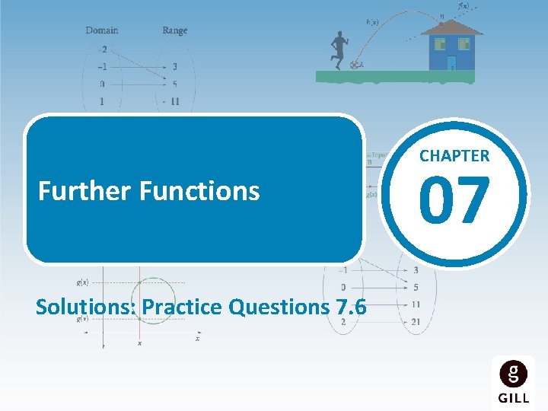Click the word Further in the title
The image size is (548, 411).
point(85,191)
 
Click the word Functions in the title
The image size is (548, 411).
point(199,191)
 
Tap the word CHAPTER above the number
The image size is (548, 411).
point(454,156)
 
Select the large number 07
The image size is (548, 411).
point(455,200)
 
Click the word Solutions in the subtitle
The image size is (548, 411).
point(87,307)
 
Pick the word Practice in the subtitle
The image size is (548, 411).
point(180,307)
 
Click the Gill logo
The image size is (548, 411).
point(514,380)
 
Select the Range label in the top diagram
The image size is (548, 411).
point(174,30)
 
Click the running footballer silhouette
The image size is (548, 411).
point(338,50)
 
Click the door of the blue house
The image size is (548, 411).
point(451,62)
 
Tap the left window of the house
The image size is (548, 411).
point(438,44)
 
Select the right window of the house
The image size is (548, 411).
point(464,44)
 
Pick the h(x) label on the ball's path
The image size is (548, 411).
point(373,21)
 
